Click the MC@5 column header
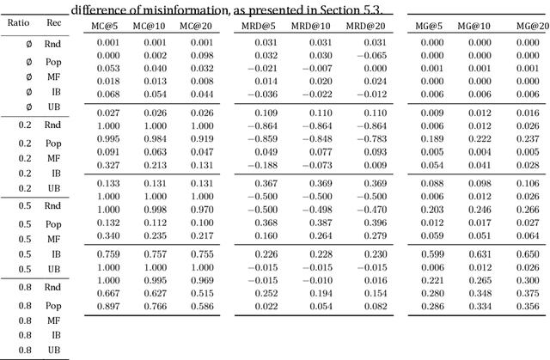pyautogui.click(x=107, y=26)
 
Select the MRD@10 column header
pyautogui.click(x=317, y=26)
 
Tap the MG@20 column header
pyautogui.click(x=533, y=26)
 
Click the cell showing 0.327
pyautogui.click(x=107, y=165)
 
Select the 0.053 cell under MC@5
pyautogui.click(x=107, y=69)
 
